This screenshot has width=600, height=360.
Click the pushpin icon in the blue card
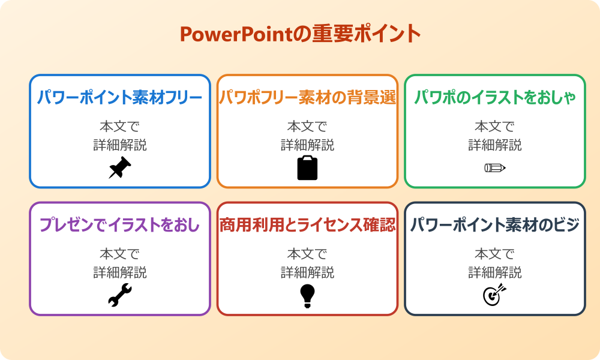(120, 168)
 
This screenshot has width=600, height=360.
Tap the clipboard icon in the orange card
(307, 168)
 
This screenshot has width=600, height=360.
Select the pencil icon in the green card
(494, 167)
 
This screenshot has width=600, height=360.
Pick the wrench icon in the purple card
(120, 295)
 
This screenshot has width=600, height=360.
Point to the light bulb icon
(307, 296)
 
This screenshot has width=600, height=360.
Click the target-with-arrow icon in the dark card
(494, 295)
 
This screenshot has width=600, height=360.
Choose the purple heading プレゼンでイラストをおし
(120, 225)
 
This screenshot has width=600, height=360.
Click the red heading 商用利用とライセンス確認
(307, 225)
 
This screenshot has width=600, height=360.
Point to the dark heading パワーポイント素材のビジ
(494, 225)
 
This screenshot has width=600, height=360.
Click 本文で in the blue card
(120, 127)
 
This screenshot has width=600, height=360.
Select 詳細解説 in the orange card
(307, 145)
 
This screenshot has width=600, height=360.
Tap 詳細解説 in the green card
(494, 145)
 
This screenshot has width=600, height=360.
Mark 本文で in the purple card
(120, 254)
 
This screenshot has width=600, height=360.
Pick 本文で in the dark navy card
(494, 254)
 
